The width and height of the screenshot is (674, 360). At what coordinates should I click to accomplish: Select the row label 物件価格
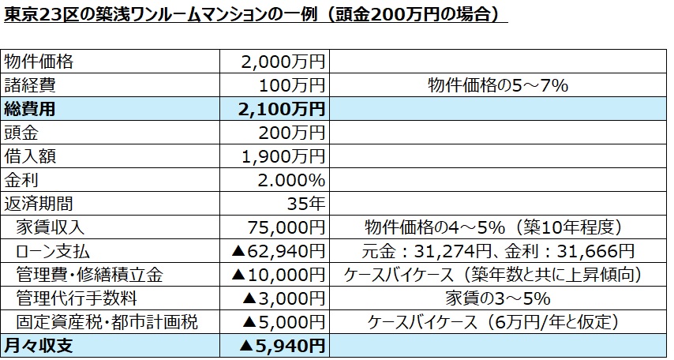pos(39,61)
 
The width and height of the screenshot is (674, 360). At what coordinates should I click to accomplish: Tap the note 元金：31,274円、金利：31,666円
pos(498,251)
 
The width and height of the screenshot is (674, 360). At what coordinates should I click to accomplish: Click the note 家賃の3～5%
pos(498,298)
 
